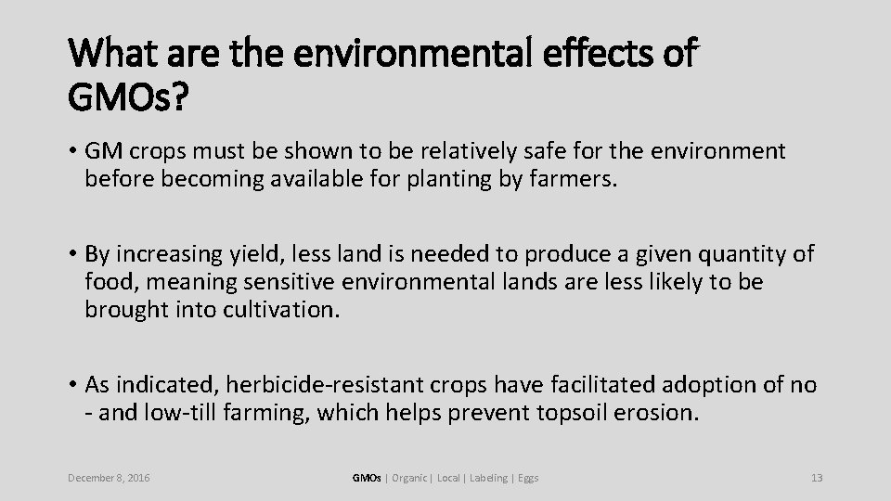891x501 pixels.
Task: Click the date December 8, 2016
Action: (x=110, y=478)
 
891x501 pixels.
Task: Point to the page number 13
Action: (x=817, y=478)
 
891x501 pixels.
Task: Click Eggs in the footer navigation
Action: (x=529, y=478)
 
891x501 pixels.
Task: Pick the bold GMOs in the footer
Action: (x=367, y=478)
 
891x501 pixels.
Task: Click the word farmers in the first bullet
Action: (x=574, y=178)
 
